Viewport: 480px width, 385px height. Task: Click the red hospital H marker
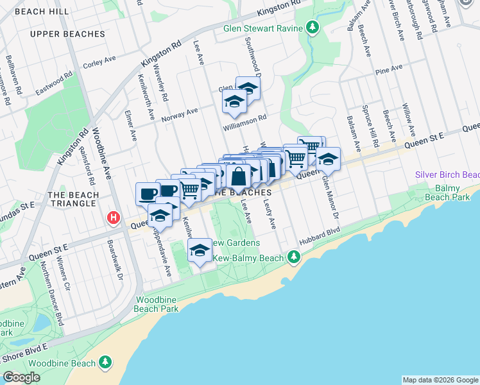114,218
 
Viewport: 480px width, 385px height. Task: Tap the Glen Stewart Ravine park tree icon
313,28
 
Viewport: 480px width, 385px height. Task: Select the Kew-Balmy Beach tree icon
294,257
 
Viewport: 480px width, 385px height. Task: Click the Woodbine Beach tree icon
105,363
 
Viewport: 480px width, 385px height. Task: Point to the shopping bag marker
238,177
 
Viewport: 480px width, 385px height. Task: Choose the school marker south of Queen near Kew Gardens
200,250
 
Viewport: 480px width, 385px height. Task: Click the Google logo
21,377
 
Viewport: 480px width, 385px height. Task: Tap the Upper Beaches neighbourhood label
67,34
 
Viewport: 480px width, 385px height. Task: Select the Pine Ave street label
389,68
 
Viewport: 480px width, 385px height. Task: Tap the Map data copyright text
440,380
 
